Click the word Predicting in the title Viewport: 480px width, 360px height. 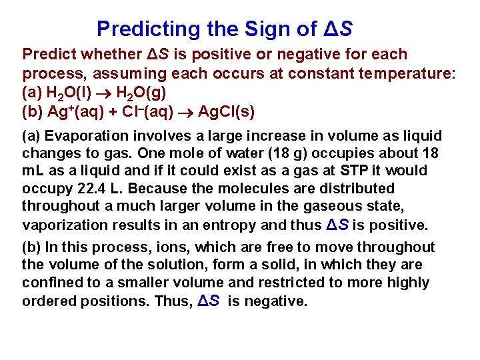139,29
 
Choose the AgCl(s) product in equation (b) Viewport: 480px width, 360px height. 227,111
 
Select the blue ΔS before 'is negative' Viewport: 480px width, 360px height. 209,301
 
